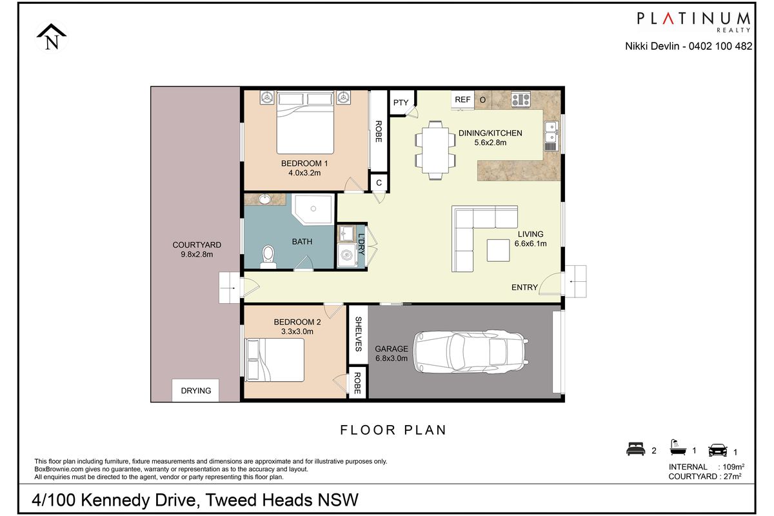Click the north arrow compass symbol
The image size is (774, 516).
(52, 37)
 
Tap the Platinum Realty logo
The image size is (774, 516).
(693, 22)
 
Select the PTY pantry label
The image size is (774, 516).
(401, 103)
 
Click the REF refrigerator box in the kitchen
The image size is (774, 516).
(462, 99)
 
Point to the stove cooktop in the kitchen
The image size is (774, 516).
(521, 99)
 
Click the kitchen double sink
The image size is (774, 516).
(551, 136)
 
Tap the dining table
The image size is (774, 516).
(435, 150)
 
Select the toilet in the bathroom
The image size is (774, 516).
(268, 257)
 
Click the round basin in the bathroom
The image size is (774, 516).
(265, 199)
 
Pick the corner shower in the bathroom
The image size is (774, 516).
(313, 209)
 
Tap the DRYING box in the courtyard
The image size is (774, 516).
(195, 390)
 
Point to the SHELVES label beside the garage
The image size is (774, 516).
(358, 334)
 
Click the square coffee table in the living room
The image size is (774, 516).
(498, 250)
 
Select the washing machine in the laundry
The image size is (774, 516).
(347, 255)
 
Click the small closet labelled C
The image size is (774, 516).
(379, 183)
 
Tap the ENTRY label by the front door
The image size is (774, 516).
(524, 287)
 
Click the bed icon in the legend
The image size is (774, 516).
(635, 449)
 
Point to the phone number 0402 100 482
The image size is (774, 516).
(720, 46)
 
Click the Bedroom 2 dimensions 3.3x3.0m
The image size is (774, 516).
(297, 332)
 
